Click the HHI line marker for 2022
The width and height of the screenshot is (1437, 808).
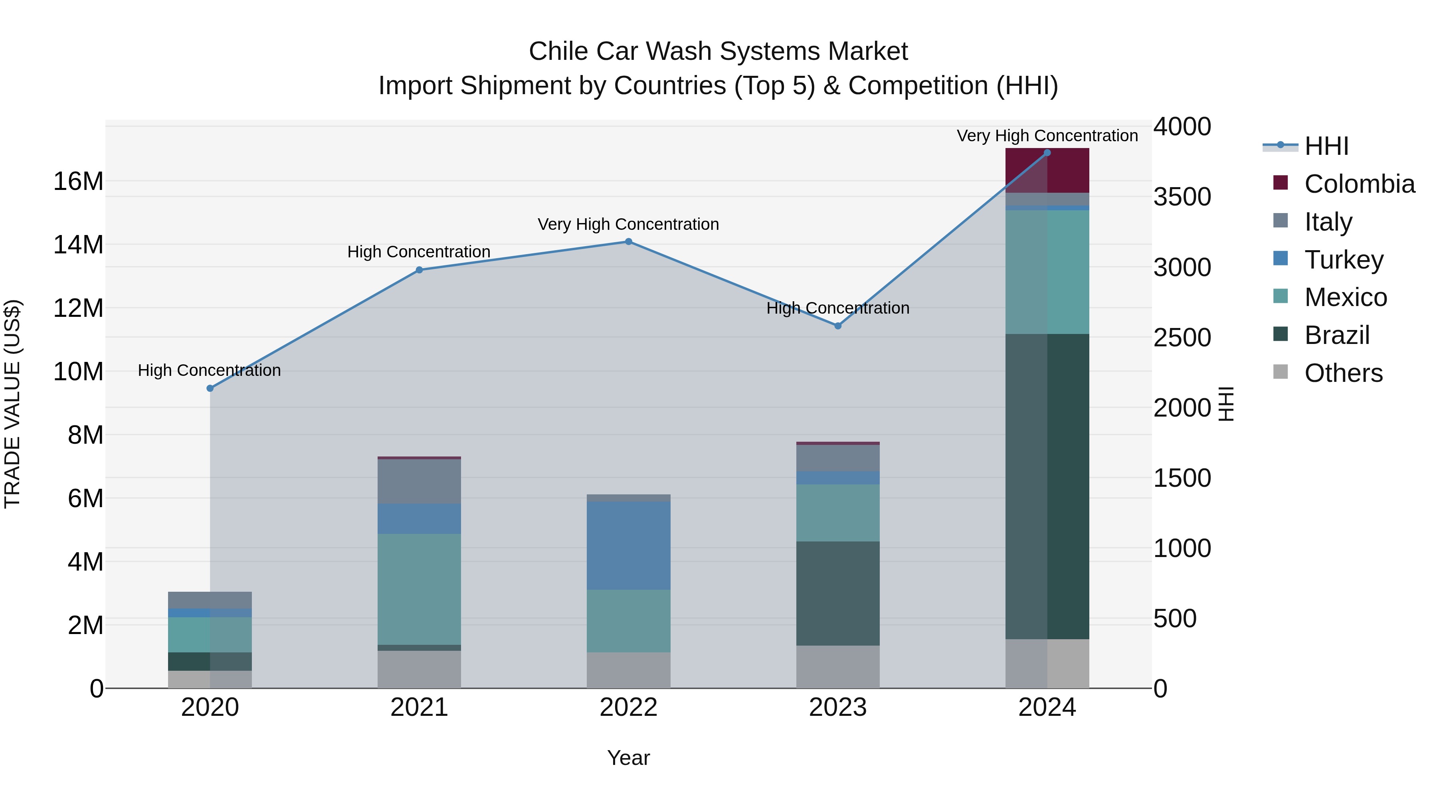coord(628,241)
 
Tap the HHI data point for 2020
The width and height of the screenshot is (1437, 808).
coord(210,388)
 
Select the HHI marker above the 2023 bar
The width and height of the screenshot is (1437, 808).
coord(837,326)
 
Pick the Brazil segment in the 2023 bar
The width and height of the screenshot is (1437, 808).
coord(837,593)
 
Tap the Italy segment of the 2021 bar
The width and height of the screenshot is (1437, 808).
coord(419,481)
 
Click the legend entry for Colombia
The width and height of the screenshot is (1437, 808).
coord(1359,184)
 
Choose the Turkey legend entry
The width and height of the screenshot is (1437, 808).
coord(1343,260)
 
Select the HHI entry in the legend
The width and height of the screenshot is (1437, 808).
coord(1326,146)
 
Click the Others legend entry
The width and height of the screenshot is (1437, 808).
coord(1343,373)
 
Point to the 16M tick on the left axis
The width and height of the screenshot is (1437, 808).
coord(78,181)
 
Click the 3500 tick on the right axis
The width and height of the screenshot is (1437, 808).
coord(1182,197)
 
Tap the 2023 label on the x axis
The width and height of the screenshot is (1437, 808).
coord(837,707)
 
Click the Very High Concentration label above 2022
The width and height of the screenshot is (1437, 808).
coord(628,224)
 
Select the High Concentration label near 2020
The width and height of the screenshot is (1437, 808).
coord(209,370)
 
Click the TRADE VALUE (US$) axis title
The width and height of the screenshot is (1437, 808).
coord(12,404)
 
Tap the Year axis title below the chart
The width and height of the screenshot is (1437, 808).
coord(628,758)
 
